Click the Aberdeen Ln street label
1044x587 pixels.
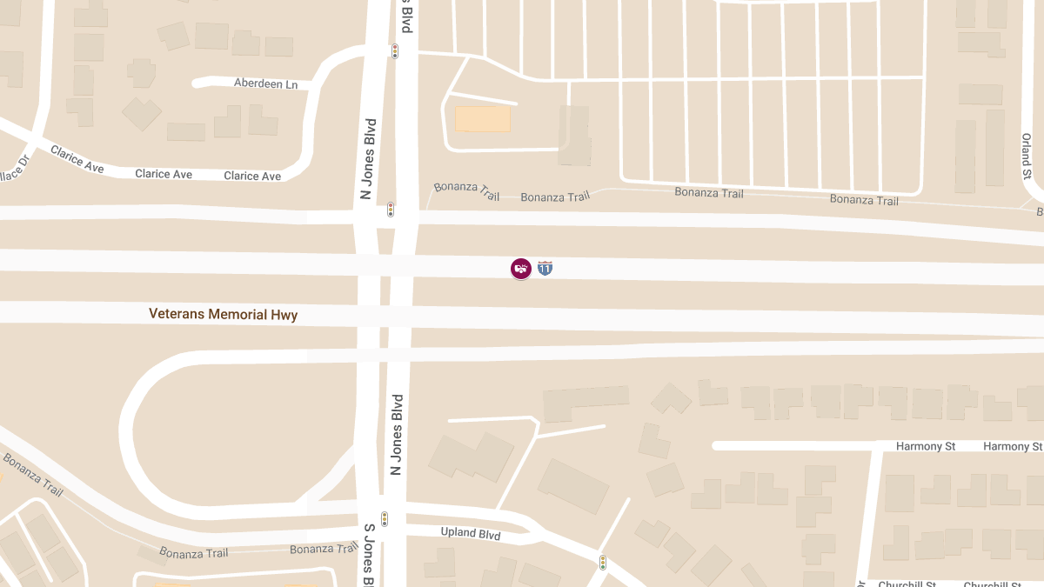coord(265,83)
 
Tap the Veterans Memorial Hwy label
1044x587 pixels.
coord(223,314)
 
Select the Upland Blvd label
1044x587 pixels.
coord(470,533)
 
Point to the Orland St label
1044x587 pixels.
coord(1027,156)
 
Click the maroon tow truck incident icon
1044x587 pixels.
coord(520,269)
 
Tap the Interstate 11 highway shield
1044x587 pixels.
coord(545,268)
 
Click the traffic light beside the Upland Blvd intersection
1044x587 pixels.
coord(384,519)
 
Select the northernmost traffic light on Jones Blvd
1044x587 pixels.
coord(394,51)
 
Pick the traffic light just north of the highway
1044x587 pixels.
coord(391,210)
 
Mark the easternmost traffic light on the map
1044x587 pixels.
coord(602,563)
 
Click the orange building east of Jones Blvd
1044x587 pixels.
coord(483,119)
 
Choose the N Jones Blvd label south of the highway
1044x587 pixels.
coord(397,434)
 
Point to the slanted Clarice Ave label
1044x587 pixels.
coord(77,158)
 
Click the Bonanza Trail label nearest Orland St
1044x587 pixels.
coord(864,200)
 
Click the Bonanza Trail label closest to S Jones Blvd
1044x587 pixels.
coord(324,549)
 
